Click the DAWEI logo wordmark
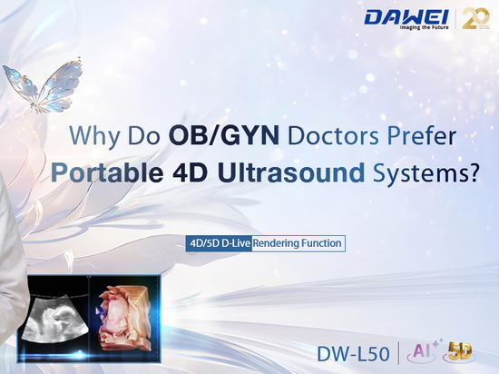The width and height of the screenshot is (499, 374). [406, 17]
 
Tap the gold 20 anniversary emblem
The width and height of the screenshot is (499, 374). [475, 18]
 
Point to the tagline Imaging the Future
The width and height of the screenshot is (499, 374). [424, 27]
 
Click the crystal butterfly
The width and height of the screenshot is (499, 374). [43, 85]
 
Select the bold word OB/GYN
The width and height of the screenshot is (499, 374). [224, 135]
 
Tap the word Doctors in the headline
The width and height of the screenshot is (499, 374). [333, 136]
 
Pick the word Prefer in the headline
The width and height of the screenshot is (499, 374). [421, 136]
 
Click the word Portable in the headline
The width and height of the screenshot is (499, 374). [107, 172]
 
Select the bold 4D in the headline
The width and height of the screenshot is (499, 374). [190, 172]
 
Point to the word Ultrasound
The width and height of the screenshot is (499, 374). [291, 172]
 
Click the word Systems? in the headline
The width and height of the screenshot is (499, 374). [426, 173]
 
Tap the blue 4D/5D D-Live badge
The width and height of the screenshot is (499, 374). [220, 243]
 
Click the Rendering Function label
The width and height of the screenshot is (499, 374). [298, 243]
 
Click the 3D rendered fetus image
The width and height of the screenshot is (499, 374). [123, 319]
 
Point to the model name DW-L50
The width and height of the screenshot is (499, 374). [353, 354]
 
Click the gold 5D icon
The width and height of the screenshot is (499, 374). [460, 352]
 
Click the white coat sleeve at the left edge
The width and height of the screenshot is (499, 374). [11, 255]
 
